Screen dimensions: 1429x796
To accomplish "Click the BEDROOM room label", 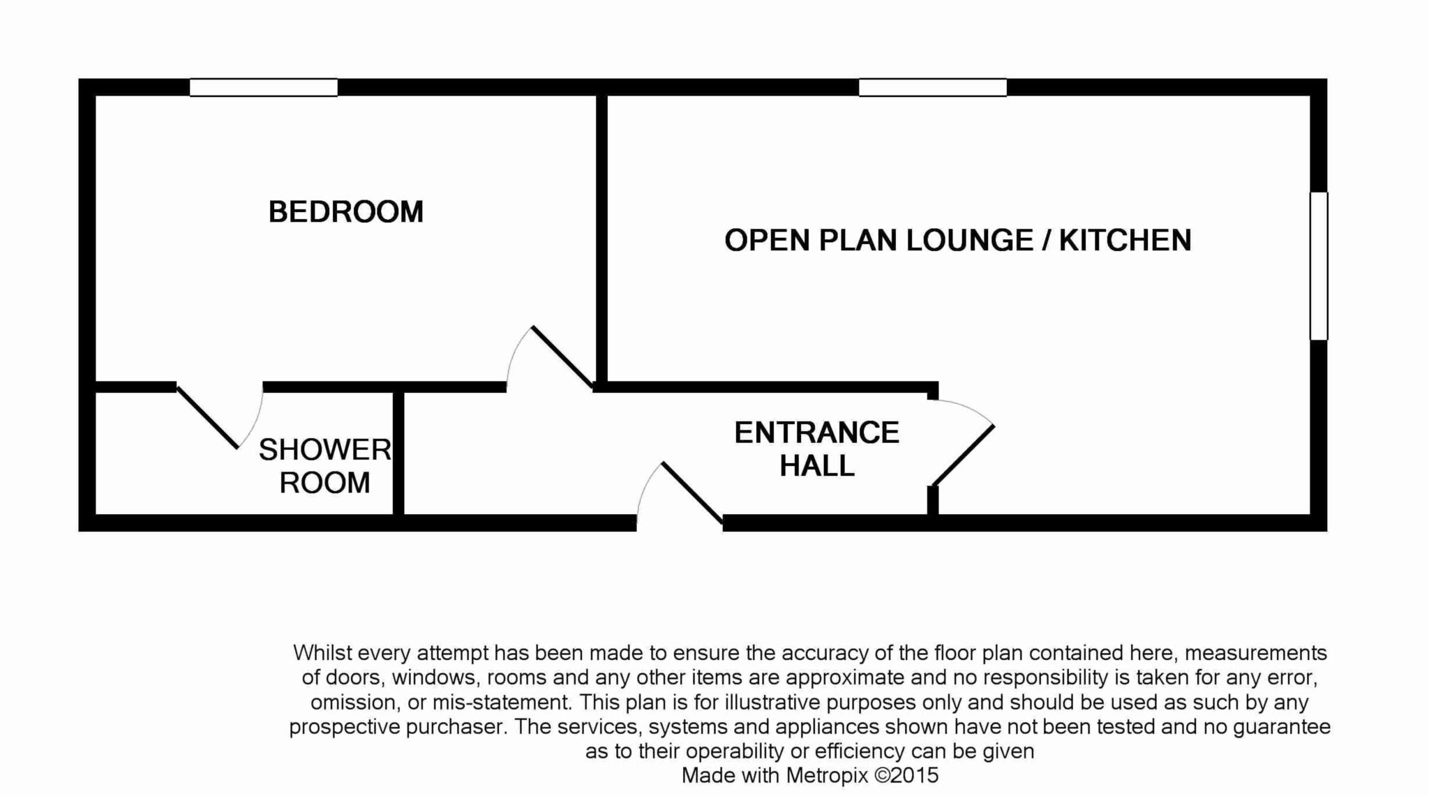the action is coord(346,212).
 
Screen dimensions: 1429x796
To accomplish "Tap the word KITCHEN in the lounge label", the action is coord(1125,240).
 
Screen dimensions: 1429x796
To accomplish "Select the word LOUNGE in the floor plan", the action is coord(969,240).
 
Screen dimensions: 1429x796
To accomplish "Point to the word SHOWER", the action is coord(325,450).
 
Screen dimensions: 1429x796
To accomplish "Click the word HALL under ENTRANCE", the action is coord(817,466).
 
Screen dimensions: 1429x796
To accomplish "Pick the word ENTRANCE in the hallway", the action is coord(817,433).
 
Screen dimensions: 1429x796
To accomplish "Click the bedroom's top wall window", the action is coord(264,87).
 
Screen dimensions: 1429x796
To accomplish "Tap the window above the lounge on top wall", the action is coord(932,87).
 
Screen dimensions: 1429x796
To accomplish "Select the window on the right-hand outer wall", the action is coord(1319,266).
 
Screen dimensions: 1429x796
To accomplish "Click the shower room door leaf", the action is coord(207,416).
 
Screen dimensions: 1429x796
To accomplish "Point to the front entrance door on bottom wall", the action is coord(691,493).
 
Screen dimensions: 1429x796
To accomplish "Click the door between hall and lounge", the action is coord(963,455).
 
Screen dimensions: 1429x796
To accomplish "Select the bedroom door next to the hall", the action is coord(562,356).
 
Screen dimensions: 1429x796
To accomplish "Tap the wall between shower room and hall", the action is coord(398,453).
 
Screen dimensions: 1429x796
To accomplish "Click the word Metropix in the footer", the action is coord(827,775).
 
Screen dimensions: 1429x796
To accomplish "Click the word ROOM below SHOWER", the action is coord(325,483).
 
